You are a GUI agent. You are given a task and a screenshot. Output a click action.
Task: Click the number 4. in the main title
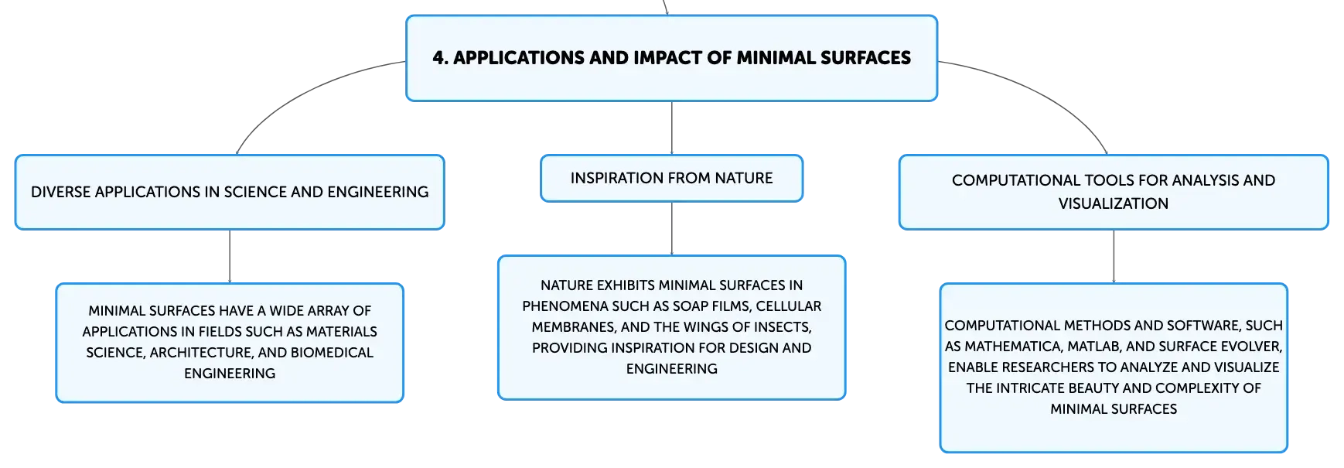440,58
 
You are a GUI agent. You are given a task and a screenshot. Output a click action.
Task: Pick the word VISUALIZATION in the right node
1114,203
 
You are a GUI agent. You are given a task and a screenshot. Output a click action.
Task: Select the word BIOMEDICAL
333,353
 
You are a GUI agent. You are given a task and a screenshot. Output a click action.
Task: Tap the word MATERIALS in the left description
342,332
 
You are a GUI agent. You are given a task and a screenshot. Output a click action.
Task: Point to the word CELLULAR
789,306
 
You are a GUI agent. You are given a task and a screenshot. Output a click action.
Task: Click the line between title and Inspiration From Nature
672,128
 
